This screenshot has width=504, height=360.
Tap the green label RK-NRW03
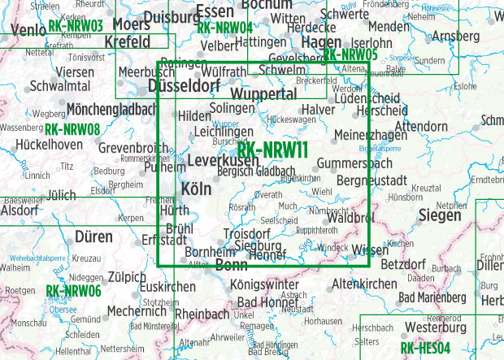click(76, 26)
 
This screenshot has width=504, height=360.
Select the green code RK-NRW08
click(72, 129)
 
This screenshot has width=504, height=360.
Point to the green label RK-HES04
click(430, 349)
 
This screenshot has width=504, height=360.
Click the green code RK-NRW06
click(73, 290)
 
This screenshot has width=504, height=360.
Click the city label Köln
click(196, 189)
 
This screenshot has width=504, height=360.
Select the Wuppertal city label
click(268, 95)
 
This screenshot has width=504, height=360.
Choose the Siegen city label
click(440, 215)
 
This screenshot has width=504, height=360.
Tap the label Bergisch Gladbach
click(256, 171)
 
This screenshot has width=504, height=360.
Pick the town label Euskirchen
click(167, 287)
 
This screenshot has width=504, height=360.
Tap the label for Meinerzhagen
click(371, 134)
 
